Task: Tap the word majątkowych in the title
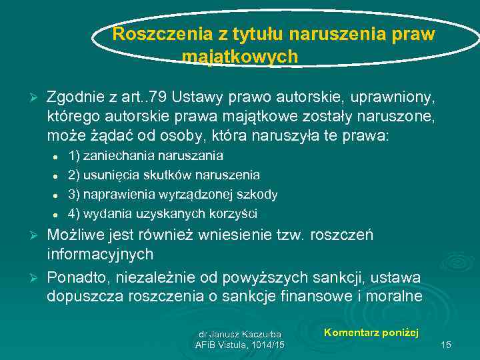[x=240, y=57]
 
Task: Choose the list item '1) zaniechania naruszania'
[x=145, y=156]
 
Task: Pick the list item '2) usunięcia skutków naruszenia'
[x=164, y=175]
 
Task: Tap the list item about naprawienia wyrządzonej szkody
[x=173, y=195]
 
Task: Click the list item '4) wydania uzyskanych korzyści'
[x=162, y=214]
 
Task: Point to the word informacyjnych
[x=100, y=255]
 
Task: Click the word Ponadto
[x=74, y=277]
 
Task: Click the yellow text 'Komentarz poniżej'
[x=371, y=332]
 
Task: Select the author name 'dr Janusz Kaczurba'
[x=240, y=333]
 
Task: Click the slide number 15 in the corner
[x=447, y=344]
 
